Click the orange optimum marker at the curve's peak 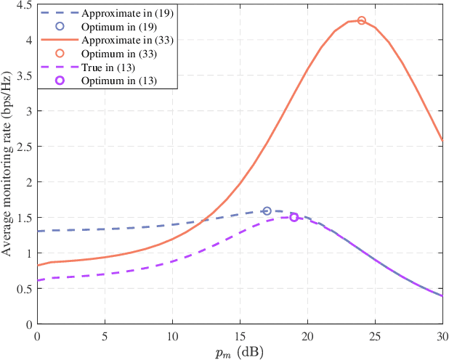362,20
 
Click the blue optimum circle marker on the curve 267,211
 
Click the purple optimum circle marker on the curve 294,217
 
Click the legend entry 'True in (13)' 116,66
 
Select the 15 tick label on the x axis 240,337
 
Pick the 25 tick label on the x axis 375,337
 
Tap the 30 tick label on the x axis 442,337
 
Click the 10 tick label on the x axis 172,337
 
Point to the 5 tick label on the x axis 105,337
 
